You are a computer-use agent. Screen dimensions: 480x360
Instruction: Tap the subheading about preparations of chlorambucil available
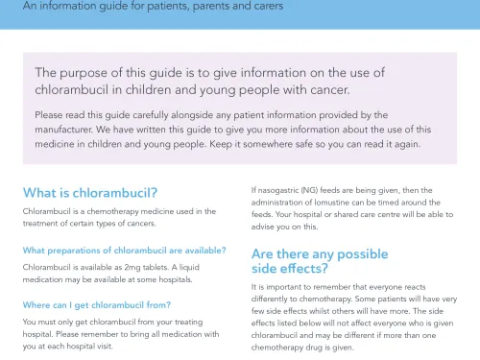[x=124, y=251]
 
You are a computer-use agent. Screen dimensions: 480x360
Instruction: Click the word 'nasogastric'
[x=285, y=190]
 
